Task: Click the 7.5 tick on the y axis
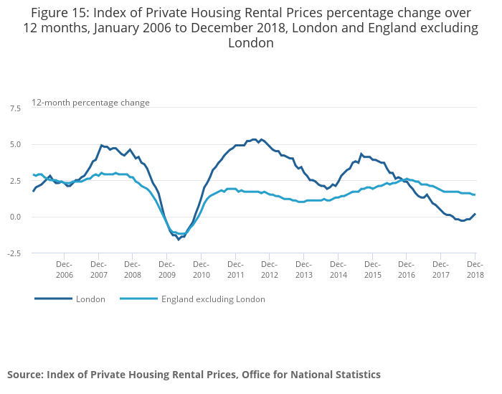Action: click(x=15, y=108)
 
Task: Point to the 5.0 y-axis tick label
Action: click(x=15, y=144)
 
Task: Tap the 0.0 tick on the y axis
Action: click(x=15, y=217)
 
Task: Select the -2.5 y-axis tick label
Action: click(x=14, y=253)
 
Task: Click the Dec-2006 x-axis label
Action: click(x=64, y=270)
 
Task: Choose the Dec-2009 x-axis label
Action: click(x=166, y=270)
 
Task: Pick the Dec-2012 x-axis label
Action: click(x=269, y=270)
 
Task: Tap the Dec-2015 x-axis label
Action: click(x=371, y=270)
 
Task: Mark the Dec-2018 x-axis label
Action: click(x=475, y=270)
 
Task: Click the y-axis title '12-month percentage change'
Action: click(x=90, y=103)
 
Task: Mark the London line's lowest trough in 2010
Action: click(x=179, y=239)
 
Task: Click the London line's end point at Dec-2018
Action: click(x=475, y=214)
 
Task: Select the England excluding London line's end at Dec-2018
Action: click(x=475, y=194)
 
